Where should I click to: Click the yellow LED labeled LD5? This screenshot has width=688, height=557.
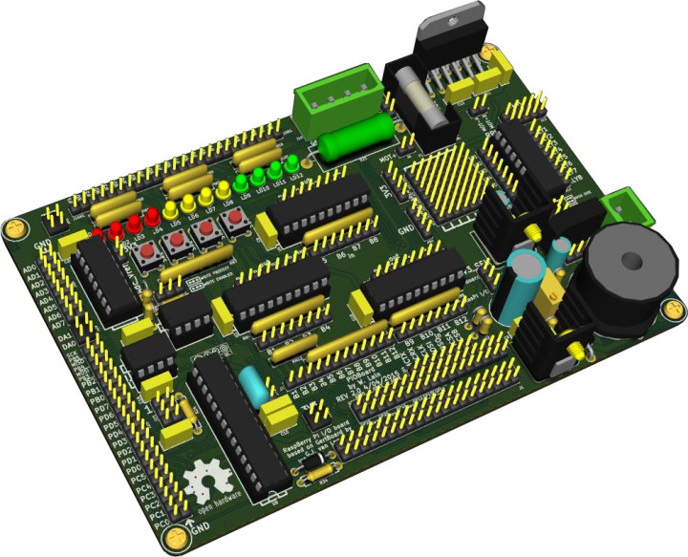tap(172, 208)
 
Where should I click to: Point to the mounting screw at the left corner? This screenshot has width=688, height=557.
tap(14, 227)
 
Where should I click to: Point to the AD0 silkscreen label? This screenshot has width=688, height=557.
tap(31, 269)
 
